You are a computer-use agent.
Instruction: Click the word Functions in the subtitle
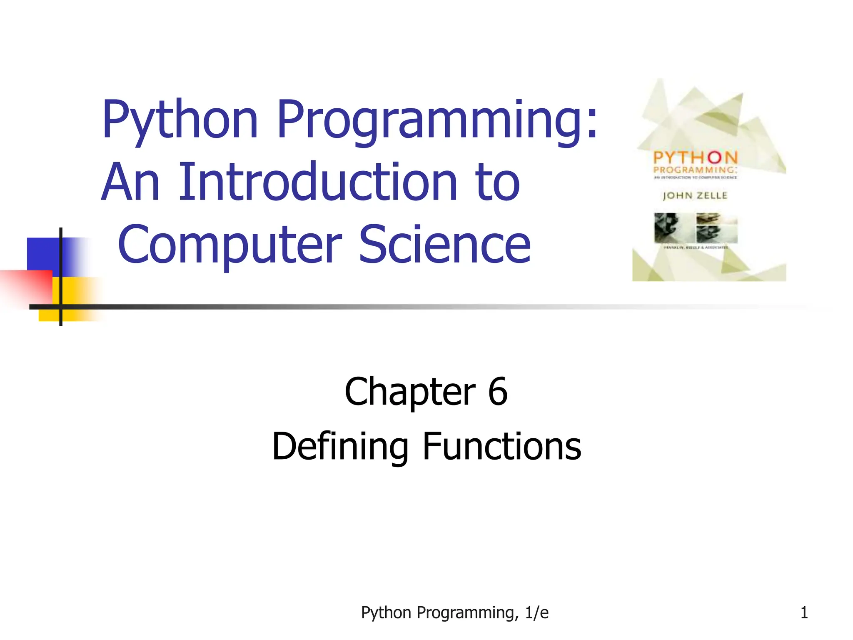point(502,447)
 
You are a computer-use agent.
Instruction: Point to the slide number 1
point(804,613)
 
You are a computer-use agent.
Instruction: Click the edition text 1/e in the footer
point(537,613)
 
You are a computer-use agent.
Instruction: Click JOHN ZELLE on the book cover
point(695,195)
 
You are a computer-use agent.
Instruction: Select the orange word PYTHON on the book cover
point(695,158)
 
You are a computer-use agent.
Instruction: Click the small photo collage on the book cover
point(696,228)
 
